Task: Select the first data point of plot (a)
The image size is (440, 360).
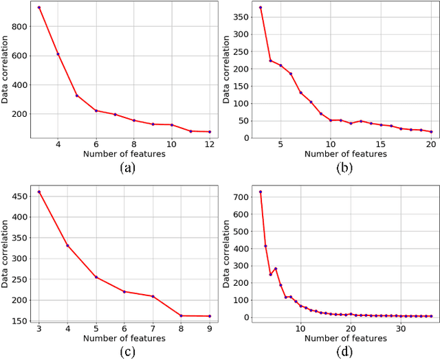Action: click(x=39, y=8)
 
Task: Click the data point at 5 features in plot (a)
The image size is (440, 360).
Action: click(x=77, y=95)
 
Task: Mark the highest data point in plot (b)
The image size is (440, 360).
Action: click(x=261, y=8)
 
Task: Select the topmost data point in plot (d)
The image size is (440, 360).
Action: click(x=260, y=192)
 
